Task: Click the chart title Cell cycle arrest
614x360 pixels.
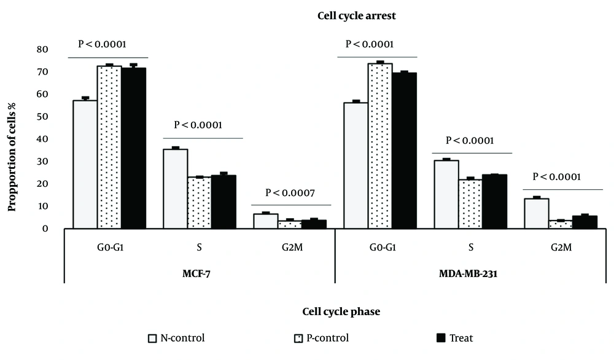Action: (356, 16)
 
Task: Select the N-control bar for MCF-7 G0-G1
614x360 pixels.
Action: (85, 164)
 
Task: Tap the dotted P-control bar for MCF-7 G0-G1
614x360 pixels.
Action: (109, 147)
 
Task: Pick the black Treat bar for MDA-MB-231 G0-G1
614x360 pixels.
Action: (404, 151)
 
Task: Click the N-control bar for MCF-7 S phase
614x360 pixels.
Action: (176, 189)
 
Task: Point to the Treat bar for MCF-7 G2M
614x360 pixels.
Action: (314, 224)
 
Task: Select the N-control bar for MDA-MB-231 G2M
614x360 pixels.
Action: (537, 214)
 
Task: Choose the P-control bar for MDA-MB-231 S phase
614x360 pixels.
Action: (470, 204)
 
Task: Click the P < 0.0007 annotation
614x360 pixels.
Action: (290, 193)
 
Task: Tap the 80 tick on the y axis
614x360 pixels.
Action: (42, 49)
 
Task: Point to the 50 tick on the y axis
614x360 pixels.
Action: (42, 117)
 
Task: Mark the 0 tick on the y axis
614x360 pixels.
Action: (45, 229)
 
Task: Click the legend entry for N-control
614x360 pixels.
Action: (176, 338)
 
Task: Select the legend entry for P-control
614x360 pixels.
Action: (321, 338)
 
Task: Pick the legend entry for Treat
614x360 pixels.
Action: (454, 338)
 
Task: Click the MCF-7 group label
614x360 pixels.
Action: (196, 273)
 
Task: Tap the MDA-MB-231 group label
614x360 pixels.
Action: (468, 273)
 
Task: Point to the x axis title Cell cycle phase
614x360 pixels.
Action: (341, 312)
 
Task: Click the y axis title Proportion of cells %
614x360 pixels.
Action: (12, 157)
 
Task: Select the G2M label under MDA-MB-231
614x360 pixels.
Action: (561, 247)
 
